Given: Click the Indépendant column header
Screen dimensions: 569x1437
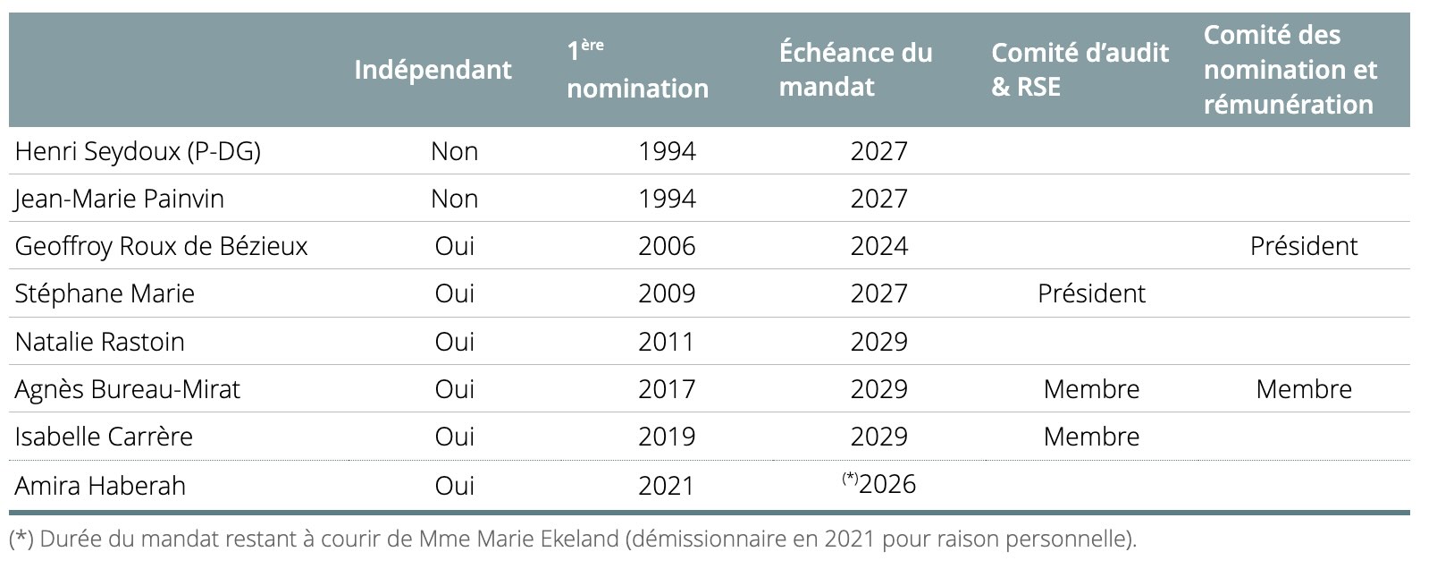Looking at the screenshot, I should [433, 70].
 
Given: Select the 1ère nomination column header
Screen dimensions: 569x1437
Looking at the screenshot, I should [637, 70].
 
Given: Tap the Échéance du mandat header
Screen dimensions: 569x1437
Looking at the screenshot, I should [855, 70].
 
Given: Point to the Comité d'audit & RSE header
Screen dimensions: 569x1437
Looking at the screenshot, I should [1080, 70].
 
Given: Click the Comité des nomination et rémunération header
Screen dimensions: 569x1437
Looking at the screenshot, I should [1290, 70].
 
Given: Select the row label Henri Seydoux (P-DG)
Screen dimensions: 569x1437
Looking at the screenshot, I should [138, 151].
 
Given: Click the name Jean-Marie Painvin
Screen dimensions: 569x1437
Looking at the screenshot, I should [119, 199].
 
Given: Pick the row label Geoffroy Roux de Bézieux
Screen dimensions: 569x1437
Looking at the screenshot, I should [161, 246].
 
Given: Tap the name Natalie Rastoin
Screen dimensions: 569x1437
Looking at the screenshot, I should [99, 342].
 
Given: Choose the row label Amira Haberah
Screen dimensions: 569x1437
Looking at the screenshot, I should [100, 486].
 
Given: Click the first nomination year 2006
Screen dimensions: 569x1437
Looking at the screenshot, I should [667, 246].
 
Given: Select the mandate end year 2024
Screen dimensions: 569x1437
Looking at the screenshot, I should [878, 246].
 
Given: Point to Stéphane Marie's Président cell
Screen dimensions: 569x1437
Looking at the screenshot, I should [1091, 293].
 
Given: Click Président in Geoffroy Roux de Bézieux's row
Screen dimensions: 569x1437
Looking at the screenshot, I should [1303, 246].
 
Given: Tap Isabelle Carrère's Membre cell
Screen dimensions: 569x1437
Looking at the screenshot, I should [1091, 437].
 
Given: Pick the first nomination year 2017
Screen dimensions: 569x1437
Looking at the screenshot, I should [667, 389].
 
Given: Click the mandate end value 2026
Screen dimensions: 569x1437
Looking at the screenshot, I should [887, 485].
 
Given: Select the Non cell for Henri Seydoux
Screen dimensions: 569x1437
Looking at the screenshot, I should [454, 151].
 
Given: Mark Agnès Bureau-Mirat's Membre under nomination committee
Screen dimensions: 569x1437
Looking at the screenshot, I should [1303, 389].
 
